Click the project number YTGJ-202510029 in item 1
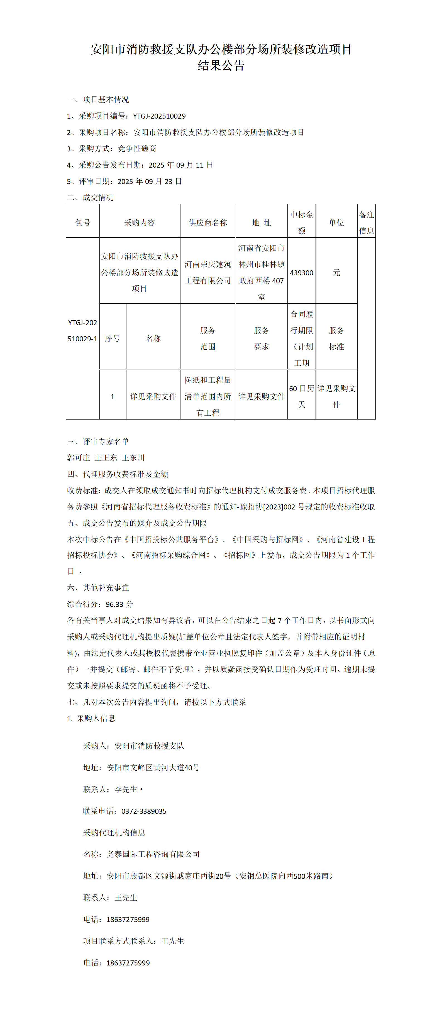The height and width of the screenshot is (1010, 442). click(x=159, y=116)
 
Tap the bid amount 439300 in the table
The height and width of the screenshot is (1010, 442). click(x=301, y=273)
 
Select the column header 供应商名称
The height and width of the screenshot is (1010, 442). click(x=207, y=223)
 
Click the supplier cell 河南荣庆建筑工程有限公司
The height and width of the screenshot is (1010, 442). click(x=207, y=273)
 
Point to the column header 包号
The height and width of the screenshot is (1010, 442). click(x=83, y=223)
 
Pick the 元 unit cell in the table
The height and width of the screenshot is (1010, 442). click(x=336, y=273)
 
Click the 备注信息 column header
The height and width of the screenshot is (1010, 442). click(x=366, y=223)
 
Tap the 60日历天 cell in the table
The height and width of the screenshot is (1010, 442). click(x=301, y=396)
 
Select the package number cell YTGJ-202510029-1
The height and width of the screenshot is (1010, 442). click(x=82, y=330)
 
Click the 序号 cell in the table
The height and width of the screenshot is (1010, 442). click(x=112, y=338)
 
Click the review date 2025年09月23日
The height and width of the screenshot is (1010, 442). click(x=150, y=182)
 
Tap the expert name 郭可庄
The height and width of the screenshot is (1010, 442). click(x=79, y=458)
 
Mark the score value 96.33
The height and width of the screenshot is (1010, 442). click(x=114, y=604)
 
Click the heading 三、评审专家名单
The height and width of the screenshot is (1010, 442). click(x=98, y=442)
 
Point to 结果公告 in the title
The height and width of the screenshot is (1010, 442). click(x=221, y=65)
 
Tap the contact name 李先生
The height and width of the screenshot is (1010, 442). click(x=126, y=789)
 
